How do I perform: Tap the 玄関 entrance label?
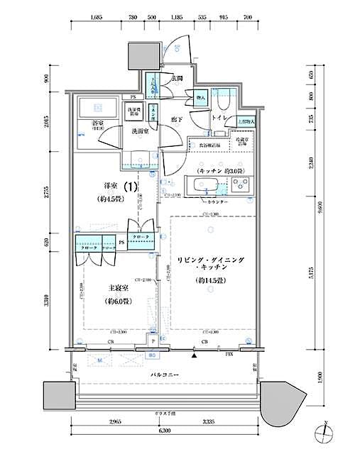178,78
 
